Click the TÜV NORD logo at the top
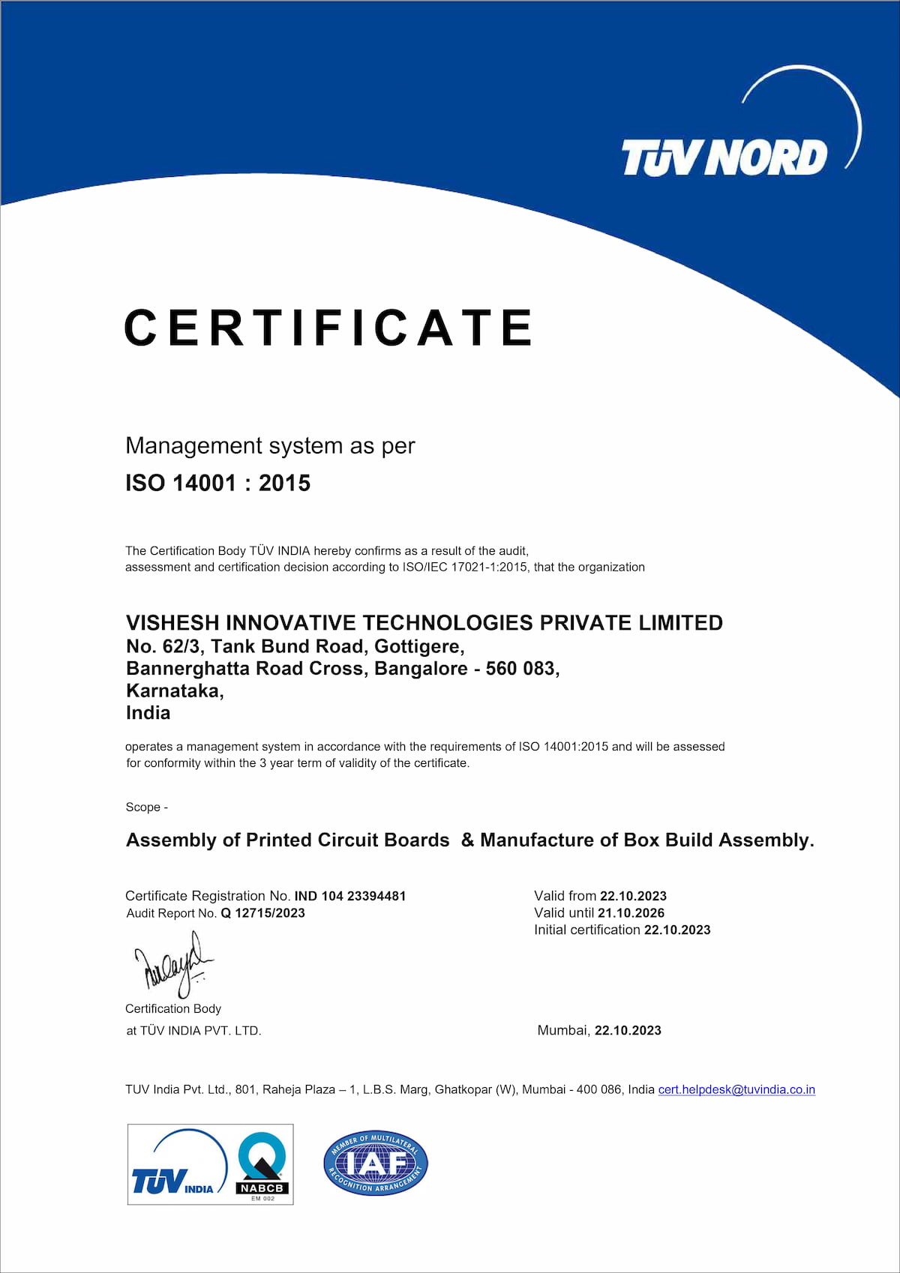coord(724,157)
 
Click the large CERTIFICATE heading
coord(328,328)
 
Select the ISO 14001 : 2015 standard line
coord(217,483)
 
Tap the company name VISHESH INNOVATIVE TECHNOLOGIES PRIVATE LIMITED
coord(424,622)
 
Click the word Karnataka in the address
coord(173,690)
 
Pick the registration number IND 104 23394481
coord(349,896)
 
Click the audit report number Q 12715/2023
coord(262,913)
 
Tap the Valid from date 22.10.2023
coord(633,896)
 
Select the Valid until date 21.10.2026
coord(631,913)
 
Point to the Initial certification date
coord(676,930)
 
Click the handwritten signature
coord(172,964)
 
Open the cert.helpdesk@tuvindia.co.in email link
coord(736,1089)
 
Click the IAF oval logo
coord(375,1164)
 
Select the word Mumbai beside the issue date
coord(562,1030)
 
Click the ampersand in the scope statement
coord(467,840)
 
